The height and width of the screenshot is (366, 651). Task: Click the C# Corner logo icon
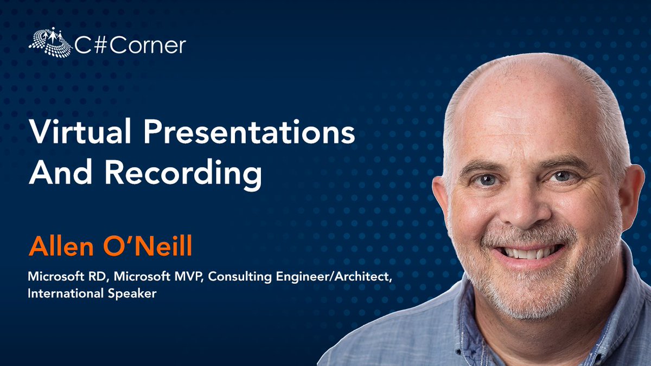(x=50, y=43)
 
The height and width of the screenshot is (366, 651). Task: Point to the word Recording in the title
(x=183, y=175)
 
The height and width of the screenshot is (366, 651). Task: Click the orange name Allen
(x=60, y=247)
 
